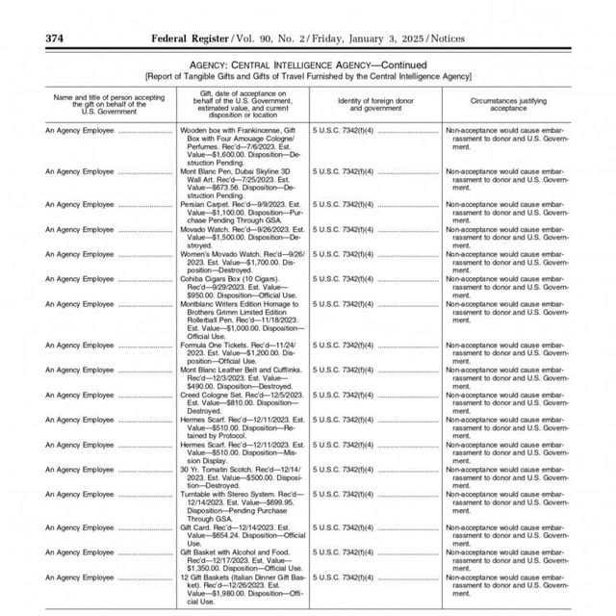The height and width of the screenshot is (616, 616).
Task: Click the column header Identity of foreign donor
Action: [376, 101]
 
